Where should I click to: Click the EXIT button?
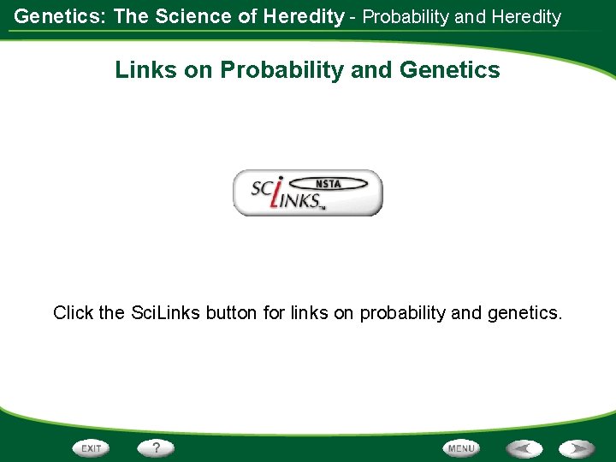pyautogui.click(x=92, y=447)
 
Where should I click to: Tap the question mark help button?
pyautogui.click(x=157, y=447)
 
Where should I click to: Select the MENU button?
pyautogui.click(x=461, y=447)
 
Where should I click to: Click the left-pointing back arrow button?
pyautogui.click(x=524, y=447)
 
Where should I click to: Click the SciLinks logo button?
pyautogui.click(x=308, y=192)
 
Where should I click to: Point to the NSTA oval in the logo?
pyautogui.click(x=329, y=182)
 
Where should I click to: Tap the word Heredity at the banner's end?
pyautogui.click(x=524, y=16)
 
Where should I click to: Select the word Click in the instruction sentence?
pyautogui.click(x=74, y=313)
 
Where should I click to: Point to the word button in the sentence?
pyautogui.click(x=229, y=313)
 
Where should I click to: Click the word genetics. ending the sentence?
pyautogui.click(x=524, y=313)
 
